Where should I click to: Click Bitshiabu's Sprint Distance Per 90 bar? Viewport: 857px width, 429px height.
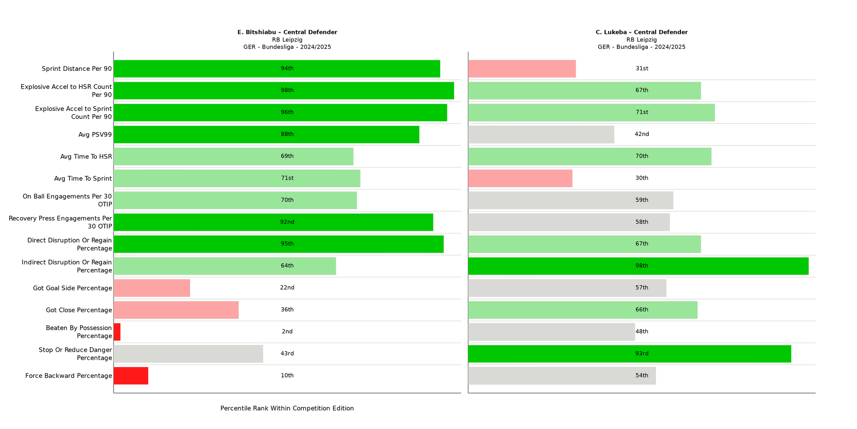(x=277, y=69)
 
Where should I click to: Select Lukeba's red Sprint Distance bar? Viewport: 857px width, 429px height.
(x=522, y=69)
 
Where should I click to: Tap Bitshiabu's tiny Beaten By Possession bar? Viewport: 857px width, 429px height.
(x=117, y=332)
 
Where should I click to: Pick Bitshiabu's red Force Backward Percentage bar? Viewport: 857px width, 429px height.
(x=131, y=376)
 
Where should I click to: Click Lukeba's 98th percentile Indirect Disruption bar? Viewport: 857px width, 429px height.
(x=638, y=266)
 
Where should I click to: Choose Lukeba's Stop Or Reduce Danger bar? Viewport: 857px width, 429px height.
(x=629, y=354)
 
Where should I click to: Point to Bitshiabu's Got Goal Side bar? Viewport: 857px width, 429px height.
(x=152, y=288)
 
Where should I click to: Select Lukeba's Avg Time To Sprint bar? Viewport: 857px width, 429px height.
(x=520, y=178)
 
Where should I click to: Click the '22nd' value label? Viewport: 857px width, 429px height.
(x=287, y=288)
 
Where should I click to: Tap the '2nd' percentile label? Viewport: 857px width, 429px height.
(x=287, y=332)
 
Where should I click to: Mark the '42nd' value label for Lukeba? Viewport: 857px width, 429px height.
(x=642, y=134)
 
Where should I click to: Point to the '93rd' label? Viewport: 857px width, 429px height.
(x=642, y=354)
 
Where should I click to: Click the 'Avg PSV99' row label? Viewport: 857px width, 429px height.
(x=95, y=135)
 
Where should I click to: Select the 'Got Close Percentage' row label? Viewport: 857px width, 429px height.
(x=79, y=310)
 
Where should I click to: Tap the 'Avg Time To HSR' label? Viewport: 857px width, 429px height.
(x=86, y=157)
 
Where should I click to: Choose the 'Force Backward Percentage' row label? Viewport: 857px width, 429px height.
(x=69, y=376)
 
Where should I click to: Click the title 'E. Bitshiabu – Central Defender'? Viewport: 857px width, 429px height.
(x=287, y=32)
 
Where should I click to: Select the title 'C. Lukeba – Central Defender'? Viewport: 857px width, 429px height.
(x=641, y=32)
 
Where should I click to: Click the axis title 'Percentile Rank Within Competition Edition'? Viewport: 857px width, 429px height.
(x=287, y=408)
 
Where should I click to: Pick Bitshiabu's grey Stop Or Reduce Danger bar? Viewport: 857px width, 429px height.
(x=188, y=354)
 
